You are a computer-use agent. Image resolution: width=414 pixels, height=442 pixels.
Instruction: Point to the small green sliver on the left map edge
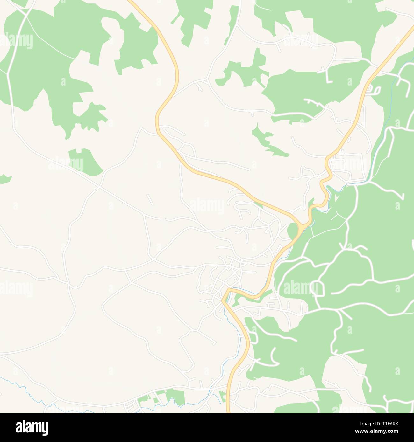tap(5, 179)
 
